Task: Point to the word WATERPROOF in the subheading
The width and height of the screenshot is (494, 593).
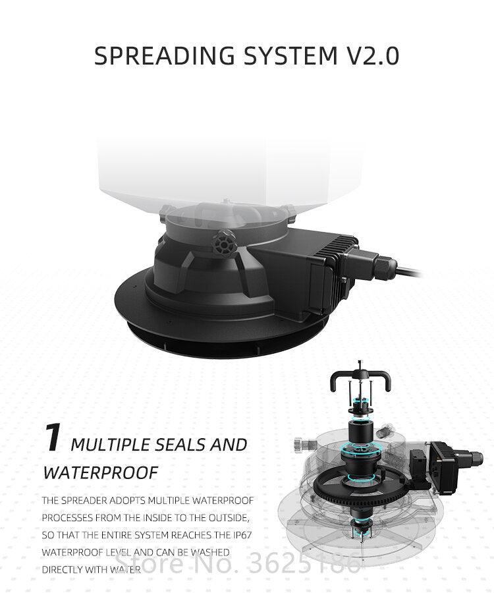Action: coord(101,472)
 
